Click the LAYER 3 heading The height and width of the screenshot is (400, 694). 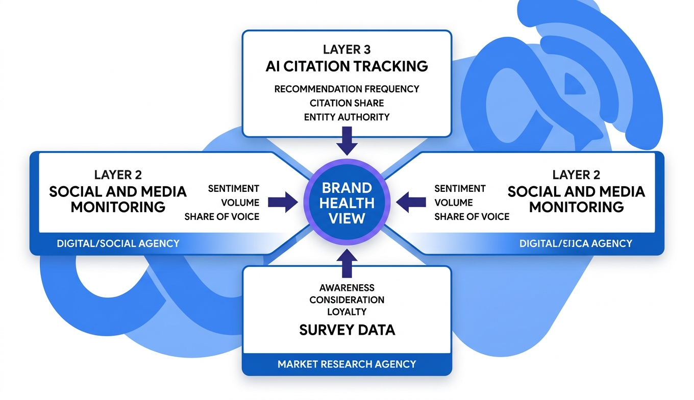click(x=346, y=49)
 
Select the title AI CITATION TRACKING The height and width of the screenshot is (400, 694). click(x=346, y=66)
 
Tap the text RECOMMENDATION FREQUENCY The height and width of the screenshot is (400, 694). click(x=346, y=89)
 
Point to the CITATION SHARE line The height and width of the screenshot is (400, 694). click(x=346, y=103)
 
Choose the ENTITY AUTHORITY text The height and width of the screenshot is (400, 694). click(x=346, y=117)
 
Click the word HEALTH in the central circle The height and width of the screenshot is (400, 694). click(x=347, y=203)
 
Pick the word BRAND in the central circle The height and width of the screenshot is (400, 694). click(x=347, y=187)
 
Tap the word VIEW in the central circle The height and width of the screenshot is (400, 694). click(x=347, y=218)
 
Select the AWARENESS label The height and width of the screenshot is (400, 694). click(x=346, y=288)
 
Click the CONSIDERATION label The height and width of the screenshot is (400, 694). click(x=346, y=300)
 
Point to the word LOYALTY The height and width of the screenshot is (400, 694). click(x=346, y=312)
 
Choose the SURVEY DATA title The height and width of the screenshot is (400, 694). click(x=346, y=330)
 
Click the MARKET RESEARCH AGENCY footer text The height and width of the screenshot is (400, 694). click(x=346, y=364)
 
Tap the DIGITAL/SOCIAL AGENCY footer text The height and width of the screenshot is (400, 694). click(x=118, y=243)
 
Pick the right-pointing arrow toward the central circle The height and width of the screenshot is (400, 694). click(x=283, y=202)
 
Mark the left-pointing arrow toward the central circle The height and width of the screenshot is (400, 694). click(x=411, y=202)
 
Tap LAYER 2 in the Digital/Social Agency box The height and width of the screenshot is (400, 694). click(x=118, y=175)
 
